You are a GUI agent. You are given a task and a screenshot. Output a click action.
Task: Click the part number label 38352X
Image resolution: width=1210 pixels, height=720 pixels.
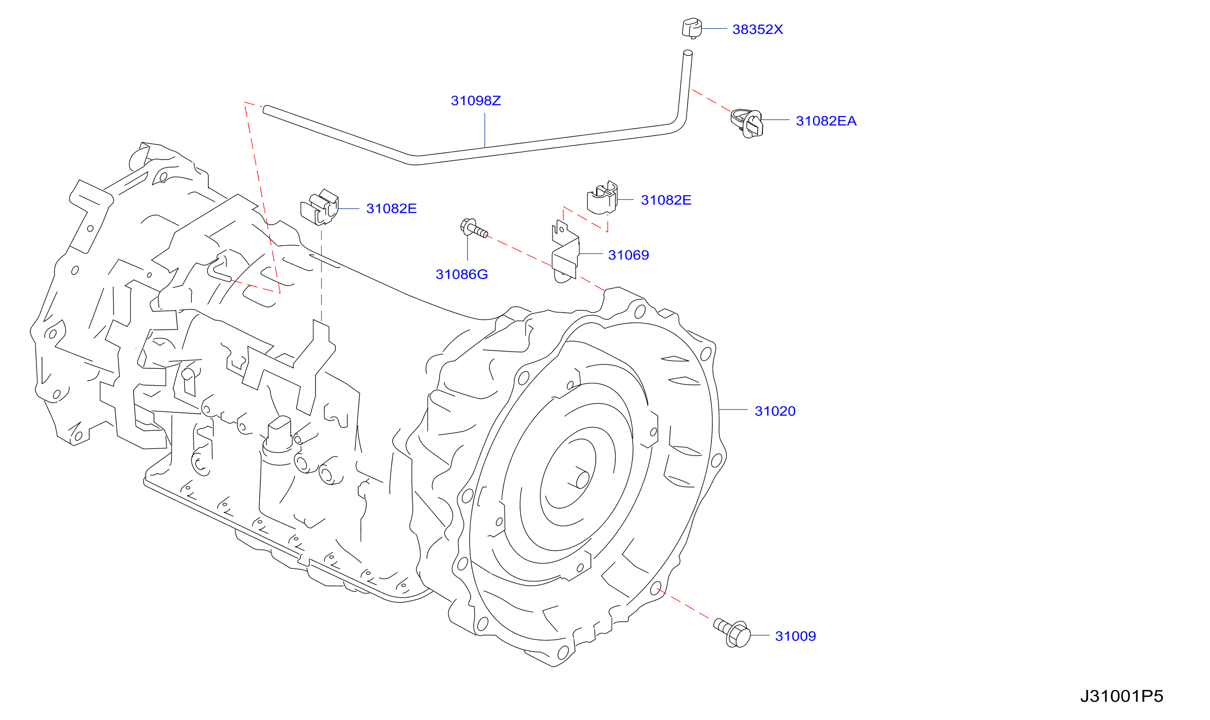click(757, 30)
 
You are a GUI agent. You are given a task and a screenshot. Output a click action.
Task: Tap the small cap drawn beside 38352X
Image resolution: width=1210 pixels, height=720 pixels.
click(692, 28)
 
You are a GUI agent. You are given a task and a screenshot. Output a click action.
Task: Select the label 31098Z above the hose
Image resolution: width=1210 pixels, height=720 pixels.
click(476, 101)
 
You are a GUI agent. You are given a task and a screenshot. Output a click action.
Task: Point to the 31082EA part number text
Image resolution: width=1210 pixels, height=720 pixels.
click(826, 121)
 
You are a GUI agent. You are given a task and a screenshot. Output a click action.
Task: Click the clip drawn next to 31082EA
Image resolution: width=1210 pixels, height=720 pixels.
click(747, 124)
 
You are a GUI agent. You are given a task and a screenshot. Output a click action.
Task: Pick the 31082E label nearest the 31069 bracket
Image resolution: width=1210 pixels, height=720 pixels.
click(666, 200)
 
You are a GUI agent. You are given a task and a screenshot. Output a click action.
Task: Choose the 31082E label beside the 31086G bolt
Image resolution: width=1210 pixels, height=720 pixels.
click(391, 209)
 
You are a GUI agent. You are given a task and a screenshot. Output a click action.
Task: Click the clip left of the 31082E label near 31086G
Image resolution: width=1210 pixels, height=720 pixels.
click(319, 208)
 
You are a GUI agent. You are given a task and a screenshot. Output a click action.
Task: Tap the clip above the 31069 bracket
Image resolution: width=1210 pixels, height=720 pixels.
click(602, 197)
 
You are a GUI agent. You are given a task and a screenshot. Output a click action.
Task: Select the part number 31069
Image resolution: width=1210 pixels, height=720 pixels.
click(628, 255)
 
